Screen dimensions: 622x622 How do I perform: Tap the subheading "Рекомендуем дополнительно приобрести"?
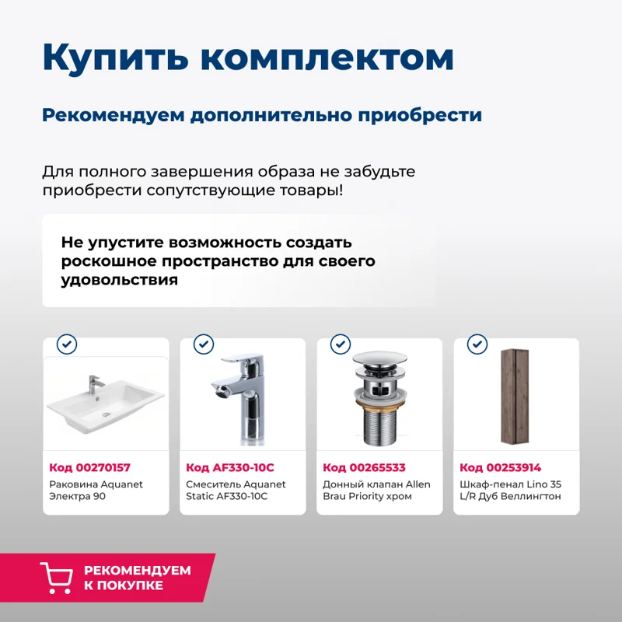point(261,115)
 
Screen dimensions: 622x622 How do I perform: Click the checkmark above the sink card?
point(68,344)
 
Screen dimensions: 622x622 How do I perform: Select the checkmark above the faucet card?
point(204,344)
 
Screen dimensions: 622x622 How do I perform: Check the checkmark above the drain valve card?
point(341,344)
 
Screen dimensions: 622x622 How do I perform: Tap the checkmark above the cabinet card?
point(477,344)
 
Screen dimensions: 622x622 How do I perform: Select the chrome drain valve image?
point(379,400)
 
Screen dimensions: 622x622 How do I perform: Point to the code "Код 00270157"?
point(89,467)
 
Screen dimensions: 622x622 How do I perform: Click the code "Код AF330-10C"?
point(230,467)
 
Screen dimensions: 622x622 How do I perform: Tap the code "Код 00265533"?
point(364,467)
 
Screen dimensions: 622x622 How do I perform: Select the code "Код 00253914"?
point(500,467)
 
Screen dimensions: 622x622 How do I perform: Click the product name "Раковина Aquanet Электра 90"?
point(96,490)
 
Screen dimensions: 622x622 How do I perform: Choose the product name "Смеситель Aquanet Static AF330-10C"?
point(236,490)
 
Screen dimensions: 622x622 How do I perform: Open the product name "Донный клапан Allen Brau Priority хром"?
point(376,490)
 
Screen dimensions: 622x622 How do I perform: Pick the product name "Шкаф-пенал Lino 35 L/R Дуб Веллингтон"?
point(510,490)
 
